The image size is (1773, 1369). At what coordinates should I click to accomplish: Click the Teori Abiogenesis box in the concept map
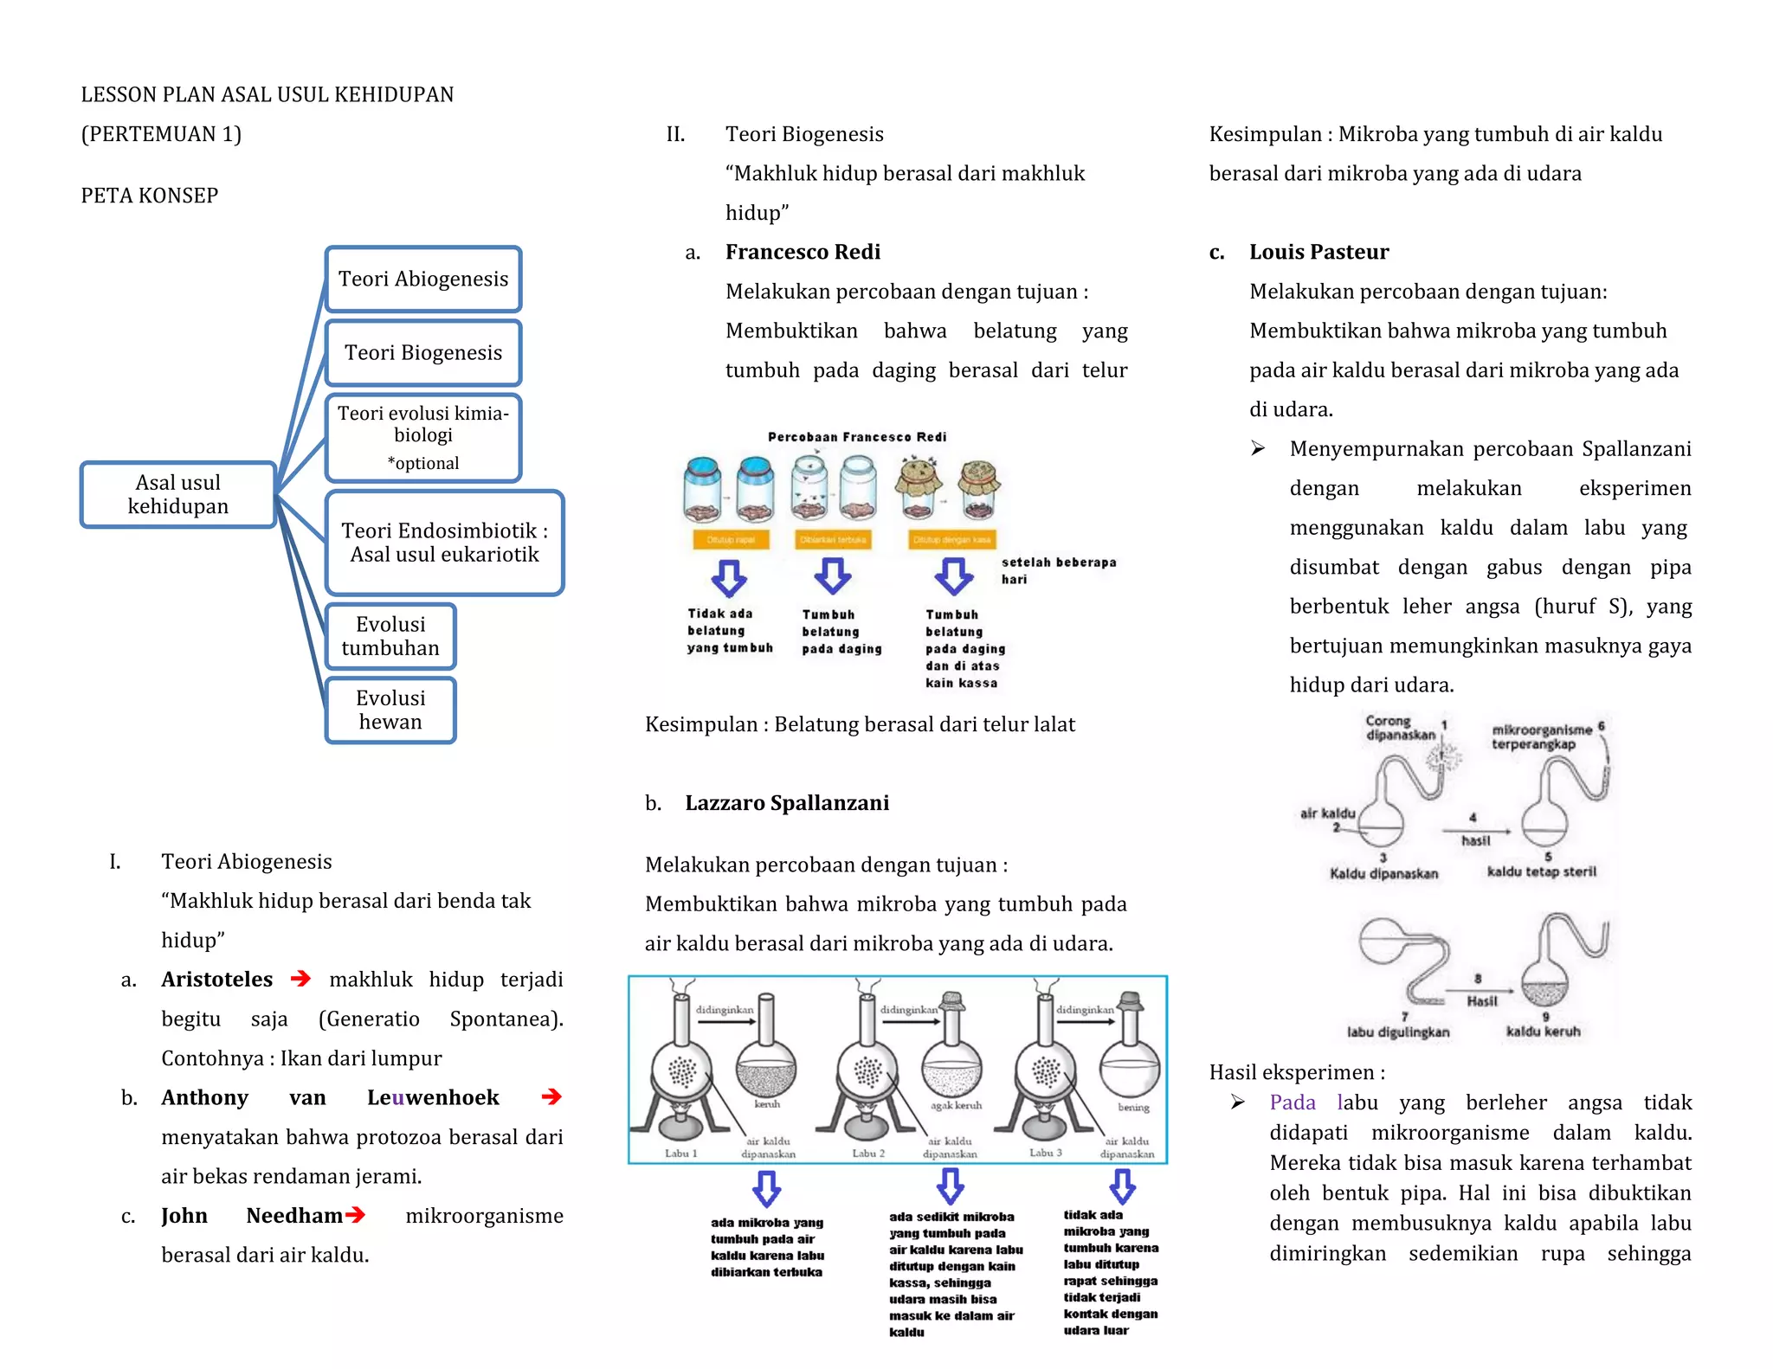click(422, 279)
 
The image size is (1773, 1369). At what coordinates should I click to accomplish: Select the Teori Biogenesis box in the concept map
click(422, 352)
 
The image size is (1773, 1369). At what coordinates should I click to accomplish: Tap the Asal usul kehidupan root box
click(177, 494)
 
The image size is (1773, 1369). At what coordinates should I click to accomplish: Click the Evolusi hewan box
click(390, 710)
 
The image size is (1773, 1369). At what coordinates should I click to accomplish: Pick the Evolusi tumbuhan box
click(390, 636)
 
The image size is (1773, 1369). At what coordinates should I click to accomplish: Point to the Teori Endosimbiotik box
click(444, 543)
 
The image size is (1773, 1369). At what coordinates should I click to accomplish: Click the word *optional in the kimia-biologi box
click(423, 463)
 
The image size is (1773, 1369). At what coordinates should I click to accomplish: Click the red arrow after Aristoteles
click(300, 979)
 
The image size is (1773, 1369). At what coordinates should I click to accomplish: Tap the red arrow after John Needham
click(355, 1215)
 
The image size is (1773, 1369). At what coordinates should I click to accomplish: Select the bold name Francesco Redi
click(803, 252)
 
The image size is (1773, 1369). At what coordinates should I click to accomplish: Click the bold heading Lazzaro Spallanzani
click(786, 803)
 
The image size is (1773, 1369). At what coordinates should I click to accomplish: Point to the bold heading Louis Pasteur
click(1318, 252)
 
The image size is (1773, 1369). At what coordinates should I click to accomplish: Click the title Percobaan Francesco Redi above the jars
click(856, 437)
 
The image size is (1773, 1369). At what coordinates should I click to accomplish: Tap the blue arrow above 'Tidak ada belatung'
click(729, 577)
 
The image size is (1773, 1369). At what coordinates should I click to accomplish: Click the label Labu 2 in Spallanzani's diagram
click(868, 1153)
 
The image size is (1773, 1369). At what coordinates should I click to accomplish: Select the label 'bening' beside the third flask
click(1133, 1107)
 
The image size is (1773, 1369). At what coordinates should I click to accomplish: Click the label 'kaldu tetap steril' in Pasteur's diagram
click(1541, 871)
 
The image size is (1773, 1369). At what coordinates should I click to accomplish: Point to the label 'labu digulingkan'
click(1397, 1032)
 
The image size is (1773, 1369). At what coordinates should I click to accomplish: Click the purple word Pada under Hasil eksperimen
click(1292, 1102)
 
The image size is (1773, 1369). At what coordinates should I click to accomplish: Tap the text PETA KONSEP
click(150, 196)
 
